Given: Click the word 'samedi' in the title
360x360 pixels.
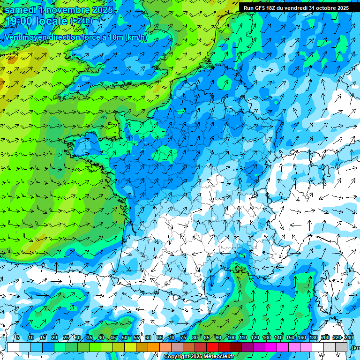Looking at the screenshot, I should [x=20, y=10].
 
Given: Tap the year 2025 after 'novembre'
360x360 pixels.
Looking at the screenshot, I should [x=102, y=10].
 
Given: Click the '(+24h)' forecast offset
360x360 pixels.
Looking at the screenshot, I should [x=81, y=21].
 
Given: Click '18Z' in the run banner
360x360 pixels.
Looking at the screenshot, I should [x=272, y=8].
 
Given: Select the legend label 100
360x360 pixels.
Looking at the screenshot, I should [x=231, y=337].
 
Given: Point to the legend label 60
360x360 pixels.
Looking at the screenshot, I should [x=148, y=337].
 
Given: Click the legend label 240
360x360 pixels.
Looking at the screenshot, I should [x=348, y=337].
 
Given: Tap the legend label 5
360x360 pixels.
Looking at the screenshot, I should [x=18, y=337].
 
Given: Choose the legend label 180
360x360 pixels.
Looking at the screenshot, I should [x=313, y=337].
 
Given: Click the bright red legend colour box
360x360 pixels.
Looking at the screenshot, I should [x=212, y=347].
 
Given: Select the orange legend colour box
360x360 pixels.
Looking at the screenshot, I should [x=142, y=347].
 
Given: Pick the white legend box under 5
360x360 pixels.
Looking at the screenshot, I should [x=13, y=347].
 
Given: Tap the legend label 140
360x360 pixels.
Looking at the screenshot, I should [x=278, y=337].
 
